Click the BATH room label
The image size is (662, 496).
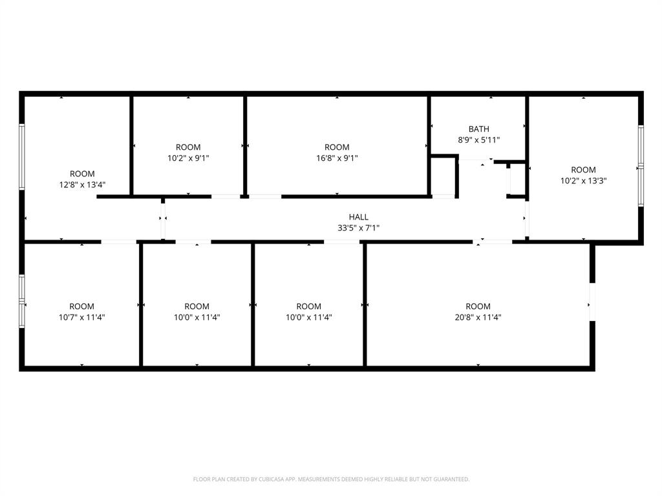[479, 129]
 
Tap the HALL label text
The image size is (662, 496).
[358, 217]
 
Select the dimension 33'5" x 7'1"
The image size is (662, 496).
[358, 227]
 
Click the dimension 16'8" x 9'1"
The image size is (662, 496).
[337, 158]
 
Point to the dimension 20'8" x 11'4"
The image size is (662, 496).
[478, 317]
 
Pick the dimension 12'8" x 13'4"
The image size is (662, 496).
[82, 184]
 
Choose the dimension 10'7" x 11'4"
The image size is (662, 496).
[81, 317]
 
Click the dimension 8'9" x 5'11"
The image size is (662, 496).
[479, 139]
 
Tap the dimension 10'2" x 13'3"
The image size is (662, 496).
[583, 181]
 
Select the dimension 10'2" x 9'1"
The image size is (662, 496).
[188, 158]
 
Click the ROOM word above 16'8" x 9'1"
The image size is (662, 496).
[337, 147]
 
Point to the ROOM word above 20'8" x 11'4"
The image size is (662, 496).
[478, 306]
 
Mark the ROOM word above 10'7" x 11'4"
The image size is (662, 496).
[81, 306]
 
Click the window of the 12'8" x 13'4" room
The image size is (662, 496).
[21, 157]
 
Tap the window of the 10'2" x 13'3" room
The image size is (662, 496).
[641, 166]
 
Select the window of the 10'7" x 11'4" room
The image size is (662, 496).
[21, 301]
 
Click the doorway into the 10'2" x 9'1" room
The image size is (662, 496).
[226, 196]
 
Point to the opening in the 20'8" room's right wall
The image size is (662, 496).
[592, 302]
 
